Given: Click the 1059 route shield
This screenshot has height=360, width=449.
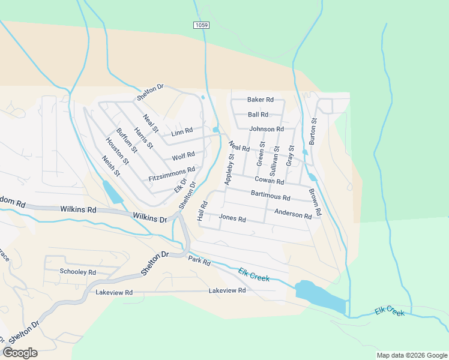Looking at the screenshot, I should [x=202, y=25].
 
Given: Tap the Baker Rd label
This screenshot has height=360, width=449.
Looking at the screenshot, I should [x=261, y=100].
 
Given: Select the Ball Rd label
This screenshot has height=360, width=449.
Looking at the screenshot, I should [x=258, y=115].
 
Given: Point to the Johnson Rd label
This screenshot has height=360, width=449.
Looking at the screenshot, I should [x=267, y=129].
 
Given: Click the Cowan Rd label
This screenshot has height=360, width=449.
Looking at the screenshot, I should [x=269, y=180].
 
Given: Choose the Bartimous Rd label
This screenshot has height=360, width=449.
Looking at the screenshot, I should [x=270, y=196].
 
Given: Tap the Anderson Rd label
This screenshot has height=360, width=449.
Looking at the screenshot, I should [x=293, y=213].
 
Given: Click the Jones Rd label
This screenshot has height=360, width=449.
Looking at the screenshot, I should [x=233, y=218].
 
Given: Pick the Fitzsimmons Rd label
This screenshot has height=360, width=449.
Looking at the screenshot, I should [x=172, y=175].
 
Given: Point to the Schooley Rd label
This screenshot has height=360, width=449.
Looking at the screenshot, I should [x=78, y=272].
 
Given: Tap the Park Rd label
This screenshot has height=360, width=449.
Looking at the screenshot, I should [x=199, y=262].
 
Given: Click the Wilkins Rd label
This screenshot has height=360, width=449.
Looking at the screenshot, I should [x=78, y=210].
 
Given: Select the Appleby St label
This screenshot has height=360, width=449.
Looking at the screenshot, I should [x=229, y=169].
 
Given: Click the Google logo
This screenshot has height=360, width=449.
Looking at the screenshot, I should [x=20, y=353].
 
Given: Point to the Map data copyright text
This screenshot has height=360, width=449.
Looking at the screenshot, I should [x=411, y=355].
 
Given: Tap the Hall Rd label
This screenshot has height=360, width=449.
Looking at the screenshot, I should [x=202, y=211].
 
